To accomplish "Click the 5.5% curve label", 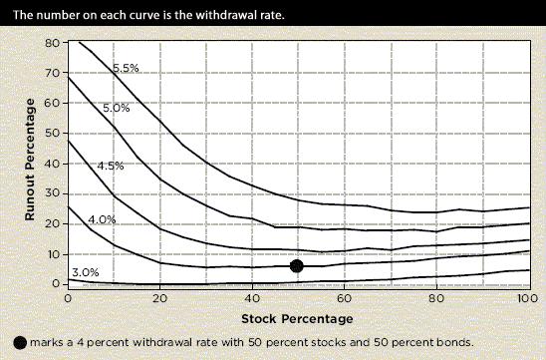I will point(125,68).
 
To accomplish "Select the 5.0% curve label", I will point(116,107).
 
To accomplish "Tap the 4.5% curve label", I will point(110,166).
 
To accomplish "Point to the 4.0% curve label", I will point(103,218).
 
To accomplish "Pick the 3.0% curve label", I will point(86,272).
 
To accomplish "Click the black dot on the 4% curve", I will point(296,265).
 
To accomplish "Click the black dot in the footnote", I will point(20,342).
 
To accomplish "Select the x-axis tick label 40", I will point(251,299).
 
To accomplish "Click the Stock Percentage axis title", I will point(296,319).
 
